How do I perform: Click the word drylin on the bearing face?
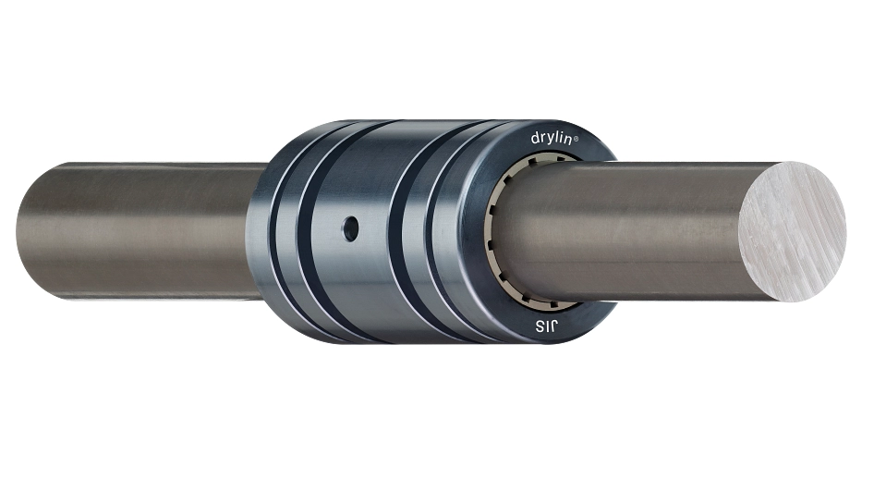[x=552, y=137]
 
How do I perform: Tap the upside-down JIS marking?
[x=546, y=326]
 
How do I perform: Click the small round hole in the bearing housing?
[x=350, y=228]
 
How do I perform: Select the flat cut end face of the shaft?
[x=793, y=231]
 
